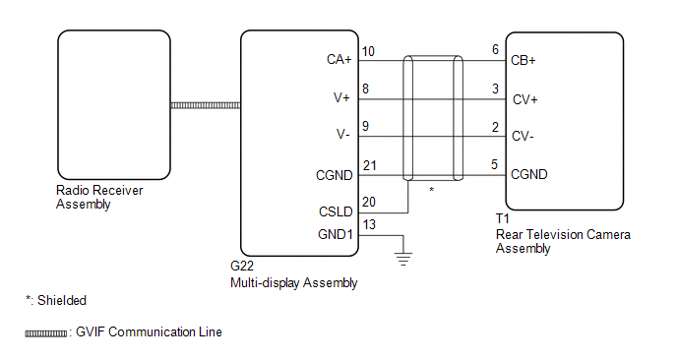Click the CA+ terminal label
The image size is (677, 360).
(x=339, y=60)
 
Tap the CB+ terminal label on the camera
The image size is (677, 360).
(x=523, y=60)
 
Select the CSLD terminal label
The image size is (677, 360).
(x=336, y=211)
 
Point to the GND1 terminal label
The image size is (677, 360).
(x=336, y=234)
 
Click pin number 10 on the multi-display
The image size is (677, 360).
(x=368, y=52)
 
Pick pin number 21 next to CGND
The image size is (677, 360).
(x=370, y=166)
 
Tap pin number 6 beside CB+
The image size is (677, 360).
(x=495, y=49)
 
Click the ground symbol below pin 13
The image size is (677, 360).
(x=403, y=259)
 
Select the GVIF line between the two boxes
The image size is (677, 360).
(x=206, y=106)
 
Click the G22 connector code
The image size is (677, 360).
(x=242, y=266)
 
